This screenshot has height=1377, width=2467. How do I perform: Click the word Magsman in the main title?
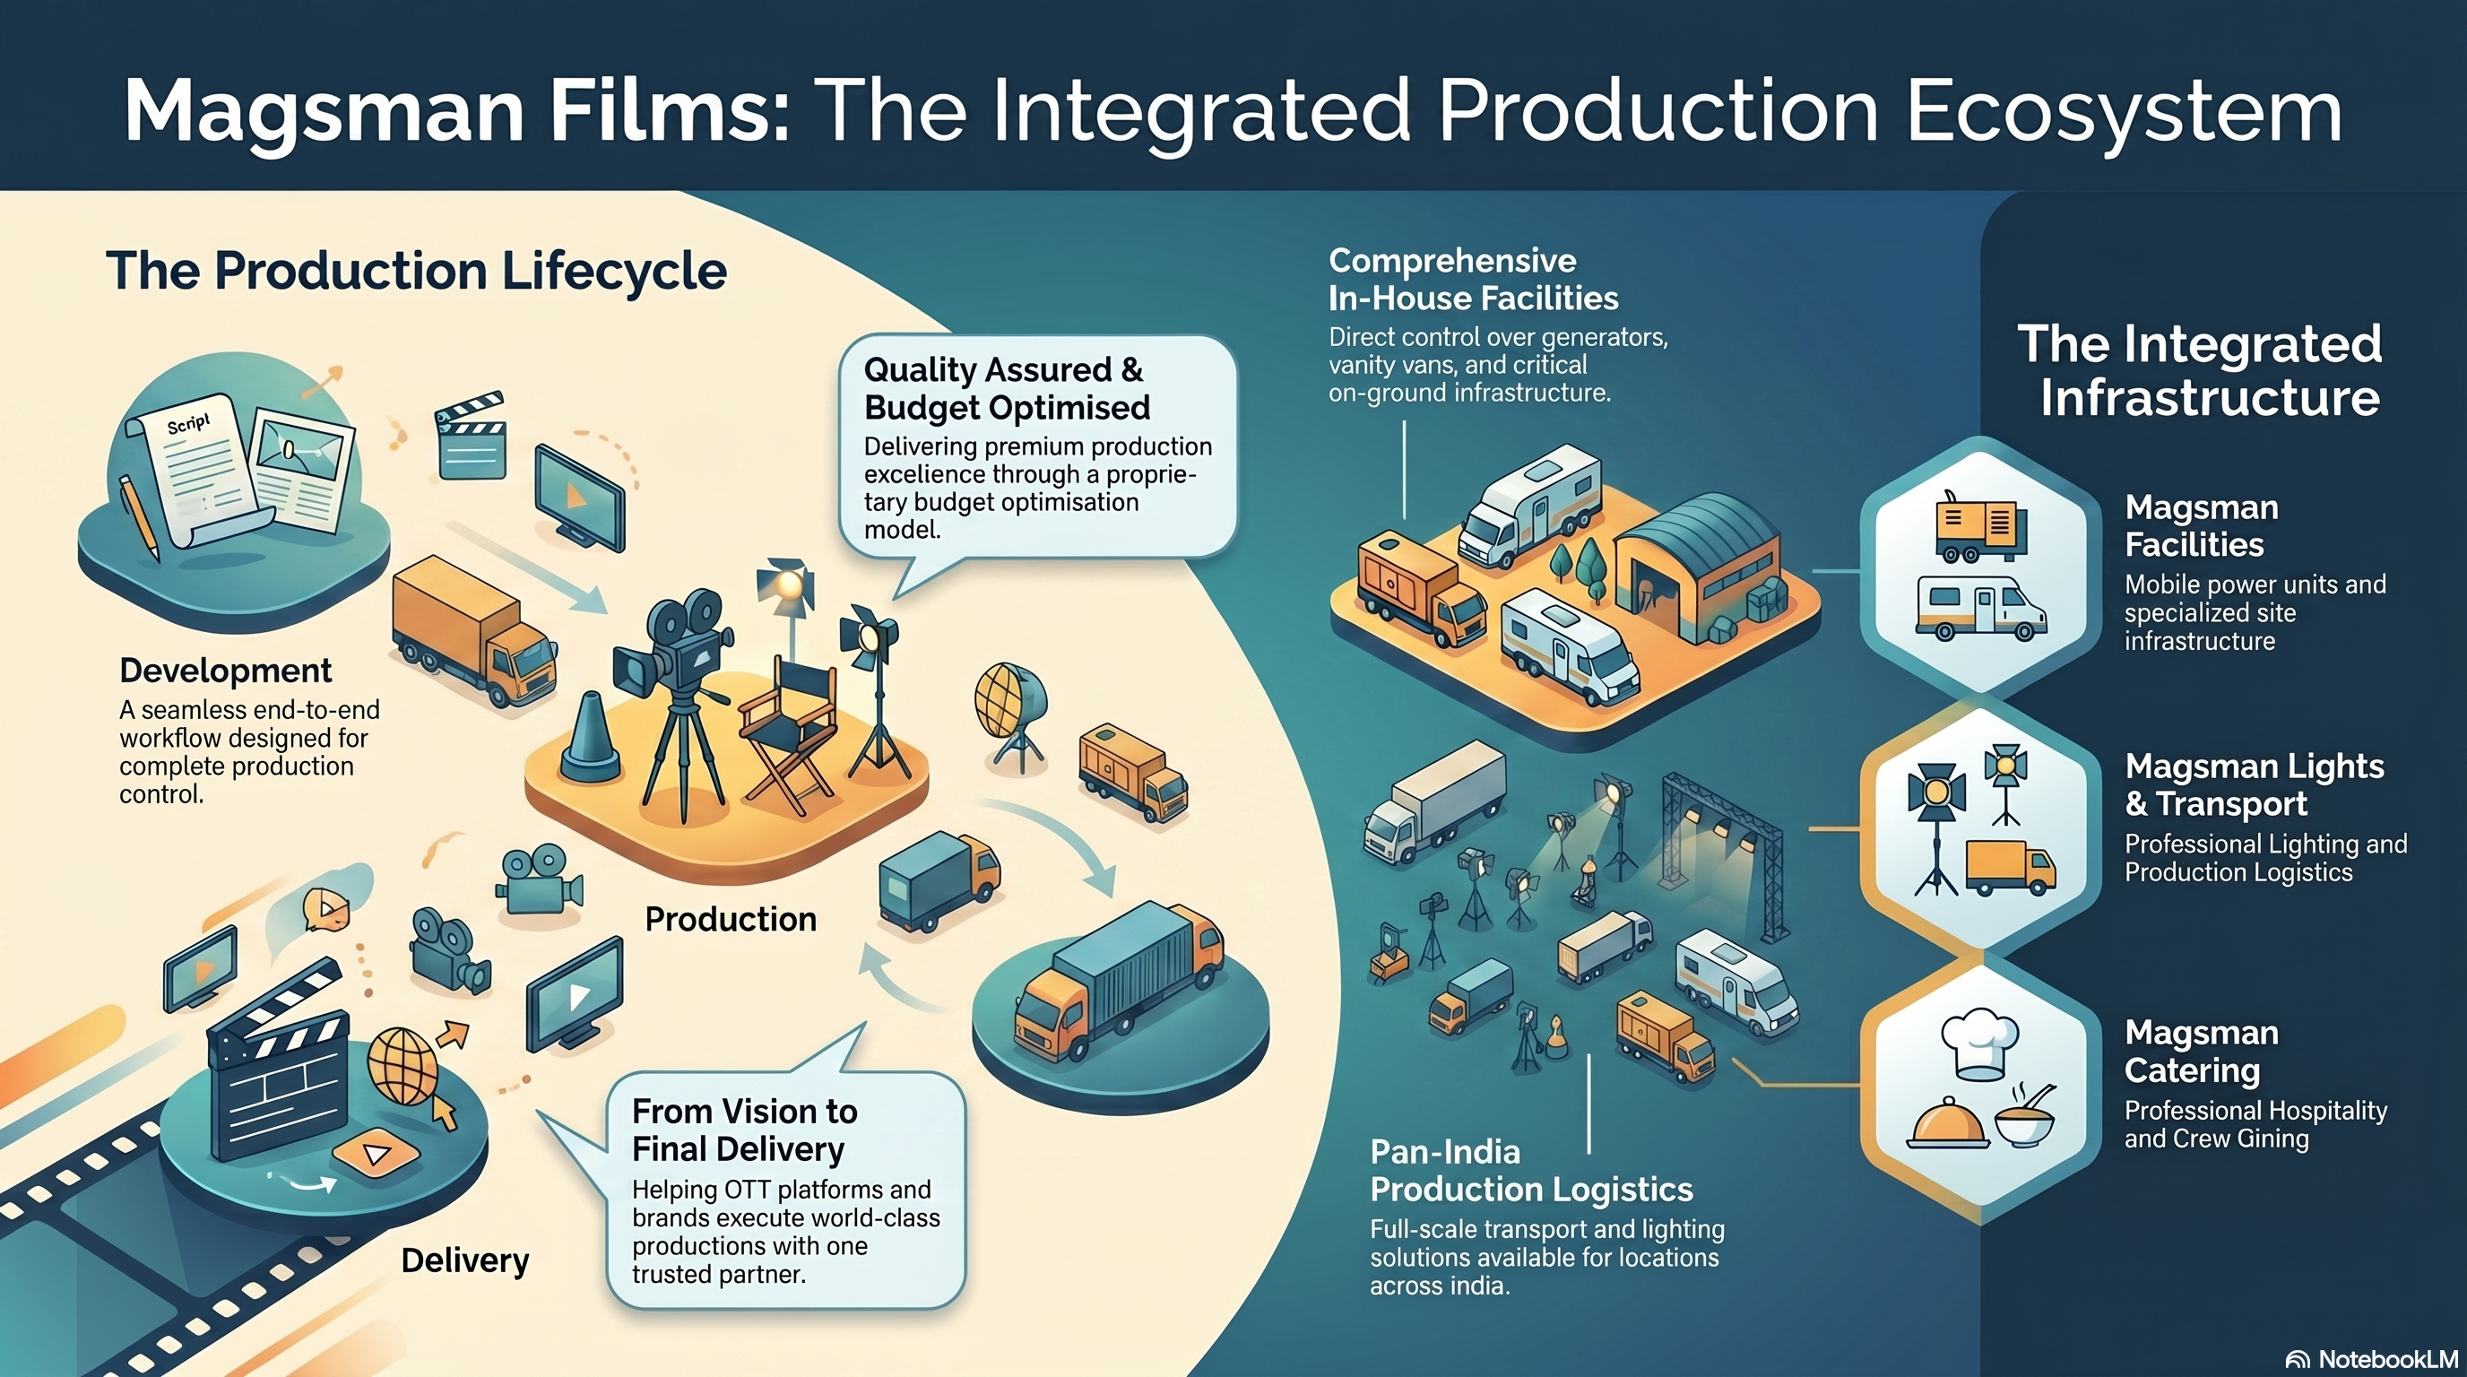pyautogui.click(x=324, y=110)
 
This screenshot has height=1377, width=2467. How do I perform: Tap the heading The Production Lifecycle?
pyautogui.click(x=417, y=271)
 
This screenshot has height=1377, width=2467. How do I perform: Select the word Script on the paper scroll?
pyautogui.click(x=187, y=422)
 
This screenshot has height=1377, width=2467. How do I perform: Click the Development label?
pyautogui.click(x=226, y=671)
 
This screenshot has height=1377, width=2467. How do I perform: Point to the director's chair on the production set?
pyautogui.click(x=787, y=737)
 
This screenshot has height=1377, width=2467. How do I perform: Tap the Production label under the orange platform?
pyautogui.click(x=731, y=919)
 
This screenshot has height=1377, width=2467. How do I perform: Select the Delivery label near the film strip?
pyautogui.click(x=464, y=1260)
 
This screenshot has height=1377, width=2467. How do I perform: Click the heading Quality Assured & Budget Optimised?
pyautogui.click(x=1006, y=389)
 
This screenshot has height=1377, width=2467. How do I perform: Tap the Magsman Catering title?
pyautogui.click(x=2202, y=1052)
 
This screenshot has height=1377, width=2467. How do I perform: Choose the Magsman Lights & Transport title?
pyautogui.click(x=2255, y=785)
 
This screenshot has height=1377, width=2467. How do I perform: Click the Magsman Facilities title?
pyautogui.click(x=2202, y=525)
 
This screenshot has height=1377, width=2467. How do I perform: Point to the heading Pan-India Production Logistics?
pyautogui.click(x=1531, y=1170)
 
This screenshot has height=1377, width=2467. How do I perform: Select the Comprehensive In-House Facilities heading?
pyautogui.click(x=1473, y=279)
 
